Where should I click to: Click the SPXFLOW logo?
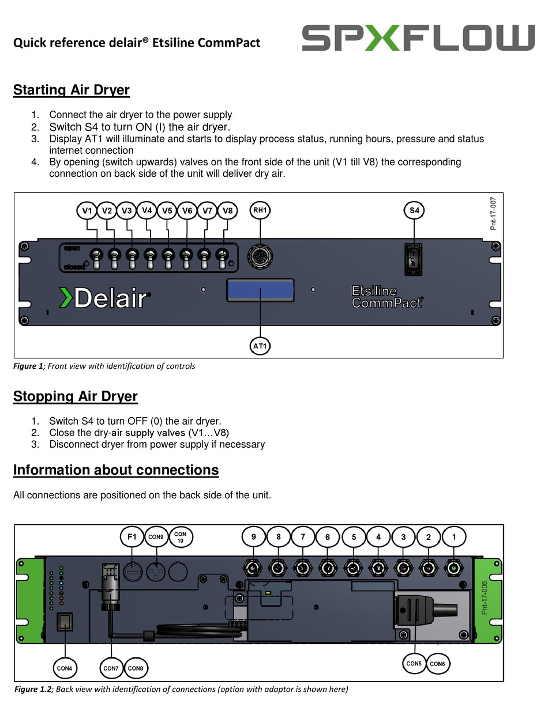coord(418,37)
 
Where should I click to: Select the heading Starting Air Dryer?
coord(72,90)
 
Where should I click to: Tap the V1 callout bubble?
coord(87,211)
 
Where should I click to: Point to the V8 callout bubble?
coord(228,211)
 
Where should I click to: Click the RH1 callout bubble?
coord(260,211)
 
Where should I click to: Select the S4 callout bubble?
coord(414,211)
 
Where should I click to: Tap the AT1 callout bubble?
coord(260,346)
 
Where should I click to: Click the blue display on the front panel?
coord(260,290)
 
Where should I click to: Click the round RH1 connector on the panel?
coord(260,255)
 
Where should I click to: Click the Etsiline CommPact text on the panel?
coord(386,296)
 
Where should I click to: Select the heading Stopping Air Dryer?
coord(76,396)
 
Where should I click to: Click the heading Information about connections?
coord(116,470)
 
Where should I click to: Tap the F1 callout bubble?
coord(132,537)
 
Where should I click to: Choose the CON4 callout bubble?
coord(65,668)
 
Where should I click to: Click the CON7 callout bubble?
coord(111,668)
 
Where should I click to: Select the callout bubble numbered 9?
coord(253,537)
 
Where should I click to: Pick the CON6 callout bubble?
coord(437,664)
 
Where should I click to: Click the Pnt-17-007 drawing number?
coord(494,213)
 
